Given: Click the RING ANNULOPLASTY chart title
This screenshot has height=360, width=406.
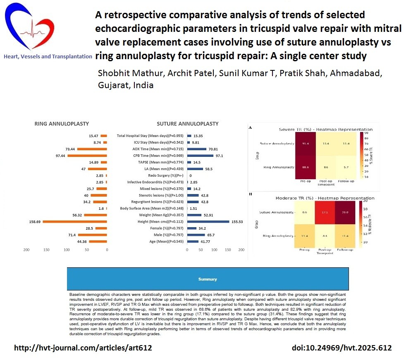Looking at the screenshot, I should click(x=62, y=124).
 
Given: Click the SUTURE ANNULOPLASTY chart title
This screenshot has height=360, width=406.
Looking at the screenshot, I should click(x=187, y=124).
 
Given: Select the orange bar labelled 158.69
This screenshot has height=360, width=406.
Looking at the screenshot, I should click(x=75, y=221).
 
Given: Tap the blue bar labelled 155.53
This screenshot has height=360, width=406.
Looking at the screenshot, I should click(x=208, y=221).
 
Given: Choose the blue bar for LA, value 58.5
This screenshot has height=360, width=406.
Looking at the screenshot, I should click(x=195, y=169).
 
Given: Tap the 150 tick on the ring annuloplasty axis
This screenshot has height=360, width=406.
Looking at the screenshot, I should click(x=46, y=250).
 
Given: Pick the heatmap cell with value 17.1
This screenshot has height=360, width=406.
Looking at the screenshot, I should click(x=325, y=213).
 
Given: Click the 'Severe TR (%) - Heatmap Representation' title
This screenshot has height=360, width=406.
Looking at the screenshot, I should click(x=326, y=129).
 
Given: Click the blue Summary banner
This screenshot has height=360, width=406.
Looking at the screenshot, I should click(x=208, y=279).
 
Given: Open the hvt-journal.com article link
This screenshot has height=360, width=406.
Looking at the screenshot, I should click(x=83, y=348).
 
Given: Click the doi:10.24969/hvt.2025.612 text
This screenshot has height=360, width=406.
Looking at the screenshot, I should click(x=341, y=348).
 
